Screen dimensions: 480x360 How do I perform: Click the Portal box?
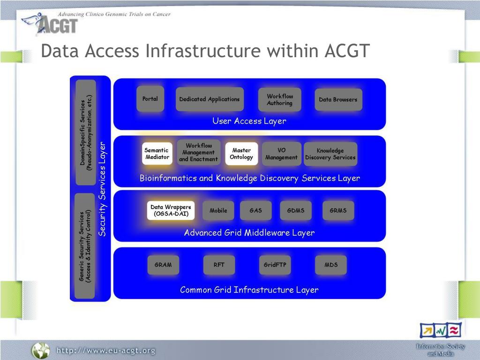(150, 99)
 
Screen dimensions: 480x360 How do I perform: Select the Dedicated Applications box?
(210, 99)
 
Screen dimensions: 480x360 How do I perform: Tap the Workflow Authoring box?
(280, 99)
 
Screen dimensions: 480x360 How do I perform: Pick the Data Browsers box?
(338, 99)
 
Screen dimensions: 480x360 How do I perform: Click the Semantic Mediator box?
(157, 154)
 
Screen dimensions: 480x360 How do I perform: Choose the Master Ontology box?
(241, 154)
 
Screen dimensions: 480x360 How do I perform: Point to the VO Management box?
(281, 154)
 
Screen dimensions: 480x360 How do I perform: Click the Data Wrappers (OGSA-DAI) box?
(171, 210)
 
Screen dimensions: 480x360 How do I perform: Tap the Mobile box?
(218, 210)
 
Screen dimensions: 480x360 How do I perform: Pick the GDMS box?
(296, 210)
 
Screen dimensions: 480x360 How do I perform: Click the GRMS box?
(338, 210)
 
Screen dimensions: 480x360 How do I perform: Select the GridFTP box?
(275, 265)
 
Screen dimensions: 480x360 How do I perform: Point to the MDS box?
(331, 265)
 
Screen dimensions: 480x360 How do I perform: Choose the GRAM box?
(163, 265)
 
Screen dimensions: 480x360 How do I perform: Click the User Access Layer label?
(249, 121)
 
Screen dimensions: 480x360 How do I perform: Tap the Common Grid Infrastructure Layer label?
(249, 290)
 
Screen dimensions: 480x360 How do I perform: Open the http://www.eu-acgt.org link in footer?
(106, 351)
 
